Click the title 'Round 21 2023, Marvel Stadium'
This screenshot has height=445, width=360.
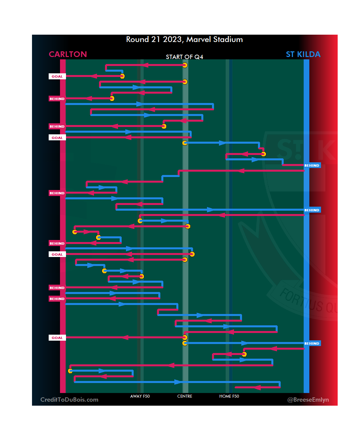pos(184,39)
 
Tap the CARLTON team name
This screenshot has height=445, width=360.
pos(68,54)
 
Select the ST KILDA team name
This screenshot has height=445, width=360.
pos(303,54)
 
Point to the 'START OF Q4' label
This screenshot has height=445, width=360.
pos(184,57)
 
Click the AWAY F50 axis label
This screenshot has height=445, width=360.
pos(140,396)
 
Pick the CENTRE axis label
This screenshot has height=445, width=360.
pos(185,396)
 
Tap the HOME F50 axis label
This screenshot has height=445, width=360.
pos(229,396)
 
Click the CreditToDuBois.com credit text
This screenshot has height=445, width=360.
pos(69,400)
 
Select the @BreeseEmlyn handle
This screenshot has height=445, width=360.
pos(308,400)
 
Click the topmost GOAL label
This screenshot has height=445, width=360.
pos(57,76)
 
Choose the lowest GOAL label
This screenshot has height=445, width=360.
pos(57,338)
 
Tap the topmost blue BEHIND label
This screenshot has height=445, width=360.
pos(312,165)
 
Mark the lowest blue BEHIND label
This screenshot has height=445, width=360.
pos(312,343)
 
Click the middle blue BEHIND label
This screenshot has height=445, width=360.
pos(312,210)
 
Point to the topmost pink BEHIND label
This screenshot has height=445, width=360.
pos(57,99)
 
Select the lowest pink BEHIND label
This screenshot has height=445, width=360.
pos(57,299)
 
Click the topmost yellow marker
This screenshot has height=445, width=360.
pos(185,65)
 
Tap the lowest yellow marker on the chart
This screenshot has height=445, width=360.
pos(70,371)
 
